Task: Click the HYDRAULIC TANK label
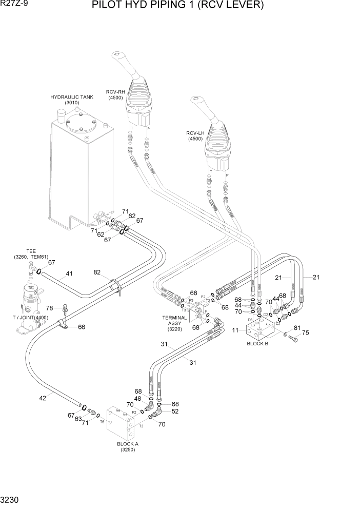tap(72, 97)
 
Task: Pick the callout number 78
tap(49, 308)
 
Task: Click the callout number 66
tap(81, 327)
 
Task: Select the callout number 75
tap(306, 332)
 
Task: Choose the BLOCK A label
tap(127, 444)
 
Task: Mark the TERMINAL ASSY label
tap(175, 321)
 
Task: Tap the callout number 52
tap(175, 412)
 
